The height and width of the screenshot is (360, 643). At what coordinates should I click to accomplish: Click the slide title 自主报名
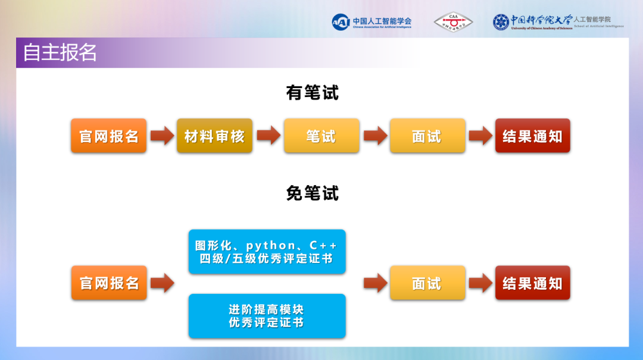click(x=60, y=52)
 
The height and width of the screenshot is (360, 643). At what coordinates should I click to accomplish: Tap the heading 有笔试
click(x=312, y=93)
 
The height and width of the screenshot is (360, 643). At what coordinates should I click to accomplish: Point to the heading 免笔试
click(x=312, y=193)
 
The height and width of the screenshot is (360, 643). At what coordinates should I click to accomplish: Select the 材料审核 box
click(x=214, y=136)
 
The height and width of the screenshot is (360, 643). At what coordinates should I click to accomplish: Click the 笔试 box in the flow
click(x=321, y=136)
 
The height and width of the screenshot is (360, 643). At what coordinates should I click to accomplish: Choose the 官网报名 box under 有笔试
click(x=108, y=136)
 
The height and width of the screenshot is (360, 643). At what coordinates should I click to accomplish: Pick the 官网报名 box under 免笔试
click(x=108, y=283)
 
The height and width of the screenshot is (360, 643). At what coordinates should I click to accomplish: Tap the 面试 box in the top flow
click(x=427, y=136)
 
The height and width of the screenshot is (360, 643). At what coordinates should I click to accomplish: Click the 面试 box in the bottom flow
click(x=427, y=283)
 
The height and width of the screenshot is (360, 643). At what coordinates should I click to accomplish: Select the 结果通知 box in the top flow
click(x=532, y=136)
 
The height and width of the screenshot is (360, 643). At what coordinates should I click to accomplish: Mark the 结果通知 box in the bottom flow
click(x=532, y=283)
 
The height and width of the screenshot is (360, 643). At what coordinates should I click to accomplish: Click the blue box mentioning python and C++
click(x=267, y=252)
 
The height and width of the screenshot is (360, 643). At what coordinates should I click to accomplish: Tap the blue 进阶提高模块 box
click(x=267, y=316)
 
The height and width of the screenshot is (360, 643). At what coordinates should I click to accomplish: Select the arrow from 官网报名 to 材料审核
click(x=161, y=136)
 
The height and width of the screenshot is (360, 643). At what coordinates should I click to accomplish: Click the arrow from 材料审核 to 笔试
click(x=268, y=136)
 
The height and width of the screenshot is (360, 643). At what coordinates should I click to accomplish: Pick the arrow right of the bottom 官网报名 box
click(x=161, y=283)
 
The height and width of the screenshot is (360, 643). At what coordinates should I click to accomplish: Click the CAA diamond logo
click(x=452, y=22)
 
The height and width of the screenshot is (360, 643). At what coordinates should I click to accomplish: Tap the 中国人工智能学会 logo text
click(x=382, y=21)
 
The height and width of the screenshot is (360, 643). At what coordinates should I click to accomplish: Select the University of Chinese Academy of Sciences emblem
click(x=501, y=22)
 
